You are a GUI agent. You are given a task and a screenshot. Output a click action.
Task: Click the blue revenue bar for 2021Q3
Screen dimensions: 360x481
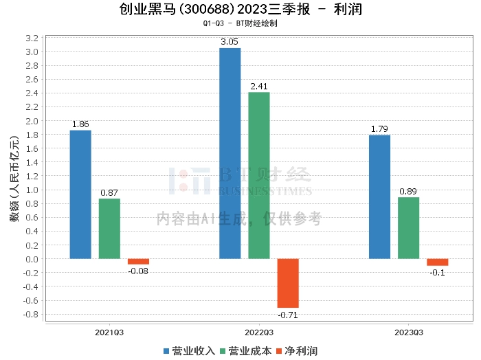[80, 194]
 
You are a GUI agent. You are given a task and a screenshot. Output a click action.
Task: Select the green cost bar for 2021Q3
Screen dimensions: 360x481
[109, 229]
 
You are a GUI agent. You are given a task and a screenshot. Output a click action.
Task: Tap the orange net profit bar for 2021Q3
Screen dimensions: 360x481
[138, 262]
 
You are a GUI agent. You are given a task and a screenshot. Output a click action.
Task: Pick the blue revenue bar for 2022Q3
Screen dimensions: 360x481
[230, 153]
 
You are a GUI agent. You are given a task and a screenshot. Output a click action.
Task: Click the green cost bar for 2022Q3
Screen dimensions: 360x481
[259, 175]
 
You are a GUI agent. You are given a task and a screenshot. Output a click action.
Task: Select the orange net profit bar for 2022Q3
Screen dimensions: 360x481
[288, 283]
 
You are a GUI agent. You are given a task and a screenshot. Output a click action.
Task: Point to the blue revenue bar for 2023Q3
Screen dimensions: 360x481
[379, 197]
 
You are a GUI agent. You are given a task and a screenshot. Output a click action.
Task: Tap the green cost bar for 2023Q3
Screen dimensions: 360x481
[408, 228]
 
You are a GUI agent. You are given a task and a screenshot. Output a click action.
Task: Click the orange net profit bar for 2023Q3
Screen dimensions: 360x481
[437, 262]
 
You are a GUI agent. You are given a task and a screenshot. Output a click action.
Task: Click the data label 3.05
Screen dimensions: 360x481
[230, 42]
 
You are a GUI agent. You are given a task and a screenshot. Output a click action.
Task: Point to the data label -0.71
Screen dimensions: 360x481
[288, 315]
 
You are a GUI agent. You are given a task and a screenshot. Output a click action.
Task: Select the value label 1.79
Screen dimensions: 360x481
[379, 129]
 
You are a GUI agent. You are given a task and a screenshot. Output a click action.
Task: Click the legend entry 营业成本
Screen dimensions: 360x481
[245, 351]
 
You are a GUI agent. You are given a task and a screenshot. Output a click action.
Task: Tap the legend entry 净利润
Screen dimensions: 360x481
[296, 351]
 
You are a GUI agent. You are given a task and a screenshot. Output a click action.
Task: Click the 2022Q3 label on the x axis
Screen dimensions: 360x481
[259, 333]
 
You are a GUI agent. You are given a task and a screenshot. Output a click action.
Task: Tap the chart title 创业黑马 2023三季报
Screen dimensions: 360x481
[240, 10]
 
